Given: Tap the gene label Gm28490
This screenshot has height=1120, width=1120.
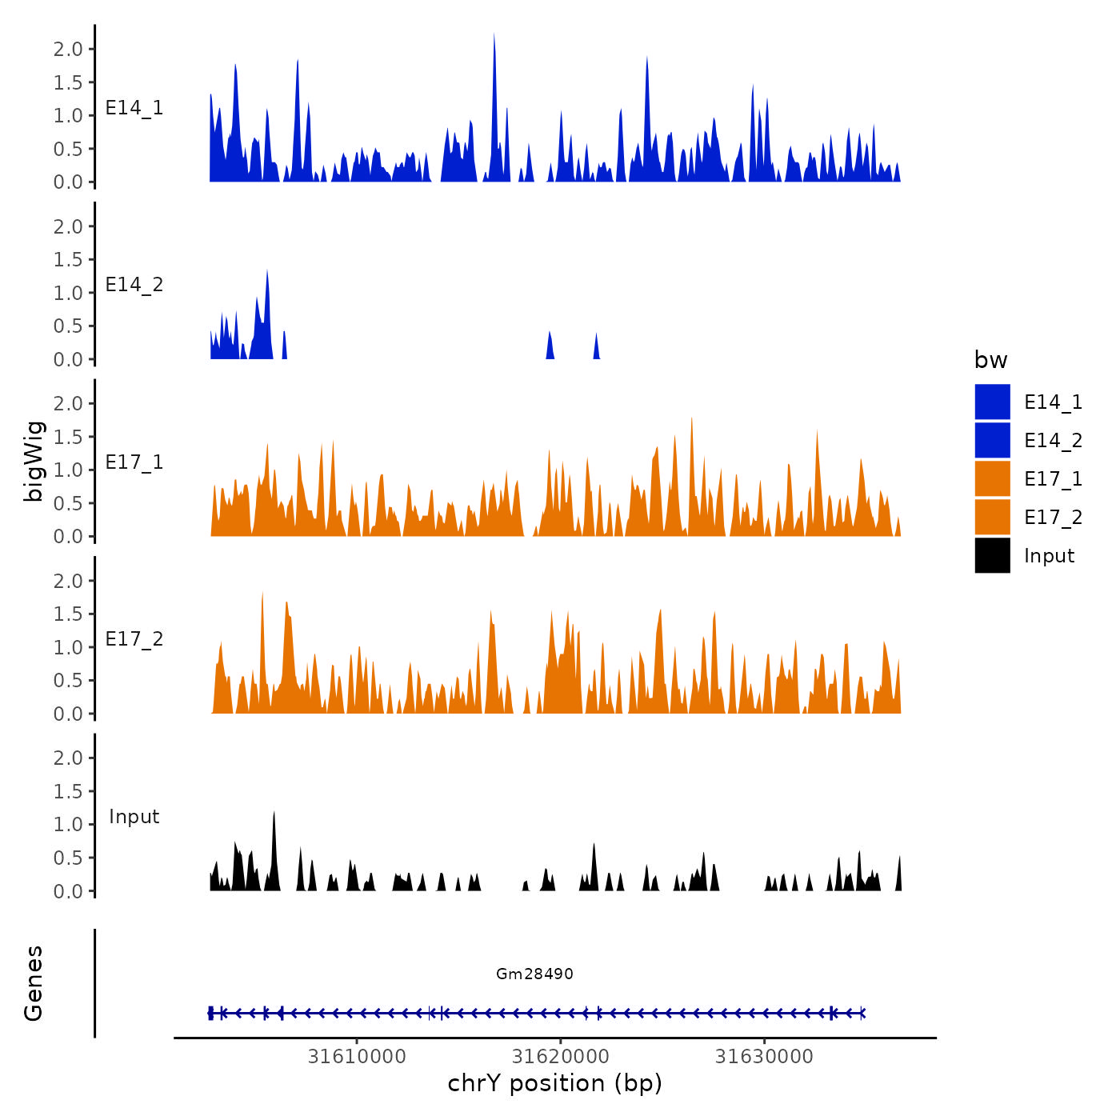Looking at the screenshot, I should (x=534, y=974).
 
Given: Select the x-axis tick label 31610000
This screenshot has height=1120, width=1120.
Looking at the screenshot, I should (x=357, y=1057).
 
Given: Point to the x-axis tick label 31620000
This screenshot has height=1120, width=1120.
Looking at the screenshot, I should (x=560, y=1057).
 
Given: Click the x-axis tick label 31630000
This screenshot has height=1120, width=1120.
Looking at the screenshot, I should (x=764, y=1057).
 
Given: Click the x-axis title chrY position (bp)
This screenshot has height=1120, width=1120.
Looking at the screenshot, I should (x=554, y=1083).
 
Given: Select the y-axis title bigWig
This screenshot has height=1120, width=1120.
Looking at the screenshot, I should (x=34, y=462).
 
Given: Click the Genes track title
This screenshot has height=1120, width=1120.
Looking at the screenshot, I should (x=34, y=983).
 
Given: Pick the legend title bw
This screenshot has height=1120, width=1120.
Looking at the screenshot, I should (x=990, y=360).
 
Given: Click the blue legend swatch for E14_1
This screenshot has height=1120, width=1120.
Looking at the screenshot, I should (x=992, y=402).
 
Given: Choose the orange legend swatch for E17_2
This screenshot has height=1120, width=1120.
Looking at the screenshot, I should (x=992, y=517).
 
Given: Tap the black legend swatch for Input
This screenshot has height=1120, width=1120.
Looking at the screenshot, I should (x=992, y=555).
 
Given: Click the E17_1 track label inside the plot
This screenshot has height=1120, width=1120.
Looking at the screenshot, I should (x=134, y=462).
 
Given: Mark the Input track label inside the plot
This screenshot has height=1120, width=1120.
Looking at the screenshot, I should (x=134, y=817).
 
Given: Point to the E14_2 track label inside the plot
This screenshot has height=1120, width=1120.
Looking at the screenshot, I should (x=134, y=285).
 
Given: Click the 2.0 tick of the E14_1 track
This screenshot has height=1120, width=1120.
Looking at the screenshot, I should (x=68, y=49).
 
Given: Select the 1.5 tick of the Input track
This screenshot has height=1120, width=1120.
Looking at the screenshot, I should (x=68, y=791).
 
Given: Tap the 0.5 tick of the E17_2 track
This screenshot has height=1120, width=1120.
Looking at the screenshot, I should (x=68, y=680).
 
